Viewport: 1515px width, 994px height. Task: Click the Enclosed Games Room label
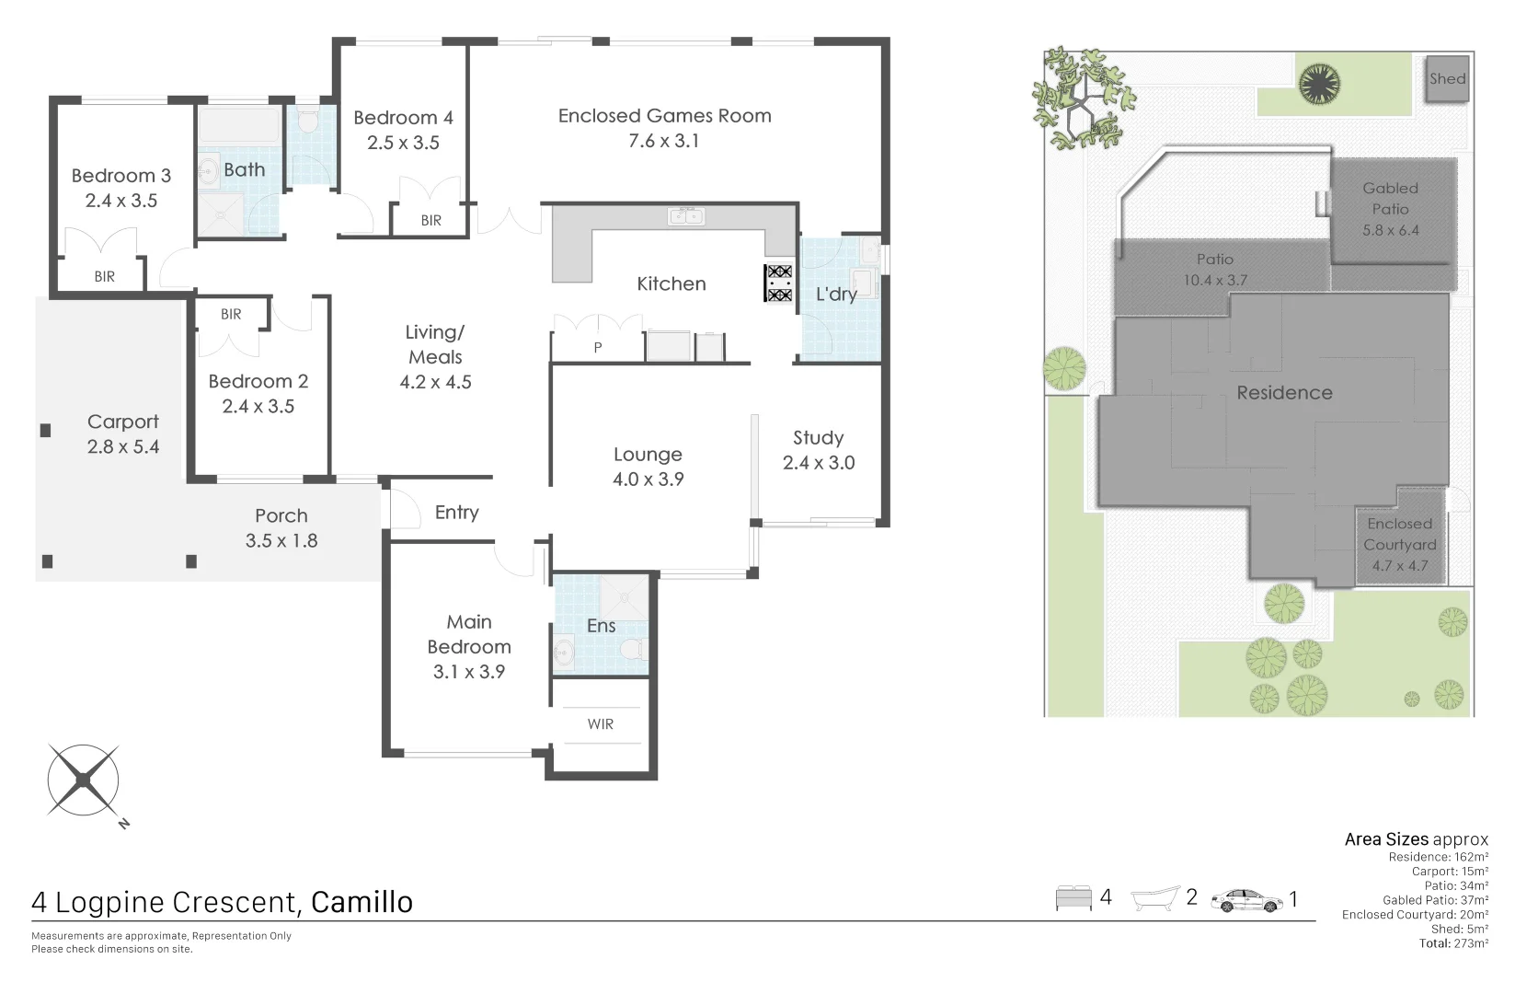(x=664, y=116)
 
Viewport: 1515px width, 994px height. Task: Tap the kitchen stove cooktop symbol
(x=779, y=283)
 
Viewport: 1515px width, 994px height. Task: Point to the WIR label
(x=600, y=724)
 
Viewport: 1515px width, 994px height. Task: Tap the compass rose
(x=83, y=780)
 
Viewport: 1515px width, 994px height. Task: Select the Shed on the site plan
(x=1446, y=78)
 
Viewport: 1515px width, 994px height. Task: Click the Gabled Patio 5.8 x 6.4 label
(x=1390, y=209)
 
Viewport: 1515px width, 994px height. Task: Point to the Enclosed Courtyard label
(x=1399, y=534)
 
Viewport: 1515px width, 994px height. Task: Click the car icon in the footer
(x=1246, y=899)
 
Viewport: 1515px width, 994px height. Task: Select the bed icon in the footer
(x=1073, y=897)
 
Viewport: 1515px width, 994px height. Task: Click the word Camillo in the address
(x=362, y=902)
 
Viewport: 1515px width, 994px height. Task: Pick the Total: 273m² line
(x=1452, y=943)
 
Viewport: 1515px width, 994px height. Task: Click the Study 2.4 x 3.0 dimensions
(x=819, y=463)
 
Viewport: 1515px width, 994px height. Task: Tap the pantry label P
(x=598, y=348)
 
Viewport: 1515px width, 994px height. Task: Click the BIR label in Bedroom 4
(x=430, y=221)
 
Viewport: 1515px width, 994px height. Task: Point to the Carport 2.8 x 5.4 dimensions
(x=122, y=447)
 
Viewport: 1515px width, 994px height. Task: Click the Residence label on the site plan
(x=1284, y=393)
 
